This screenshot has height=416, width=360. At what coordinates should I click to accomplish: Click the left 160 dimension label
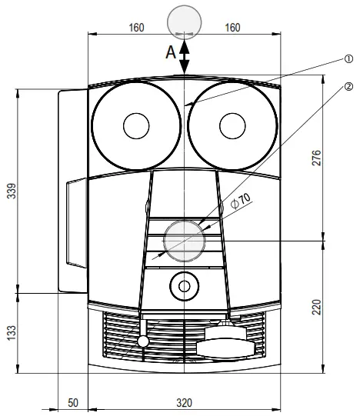click(x=136, y=28)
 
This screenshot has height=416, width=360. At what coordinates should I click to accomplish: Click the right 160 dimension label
click(x=232, y=28)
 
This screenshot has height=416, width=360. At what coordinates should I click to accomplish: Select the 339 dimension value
click(x=12, y=191)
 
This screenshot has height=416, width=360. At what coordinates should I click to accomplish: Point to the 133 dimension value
click(x=12, y=333)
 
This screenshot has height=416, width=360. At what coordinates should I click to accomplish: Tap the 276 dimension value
click(x=316, y=158)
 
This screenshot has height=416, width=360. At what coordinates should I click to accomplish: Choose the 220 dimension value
click(x=316, y=307)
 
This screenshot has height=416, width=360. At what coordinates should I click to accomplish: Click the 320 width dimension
click(x=185, y=403)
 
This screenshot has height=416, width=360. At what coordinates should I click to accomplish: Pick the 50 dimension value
click(x=73, y=403)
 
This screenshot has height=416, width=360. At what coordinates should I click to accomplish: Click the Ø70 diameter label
click(x=241, y=201)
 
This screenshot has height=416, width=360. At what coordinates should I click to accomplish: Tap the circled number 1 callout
click(x=348, y=58)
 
